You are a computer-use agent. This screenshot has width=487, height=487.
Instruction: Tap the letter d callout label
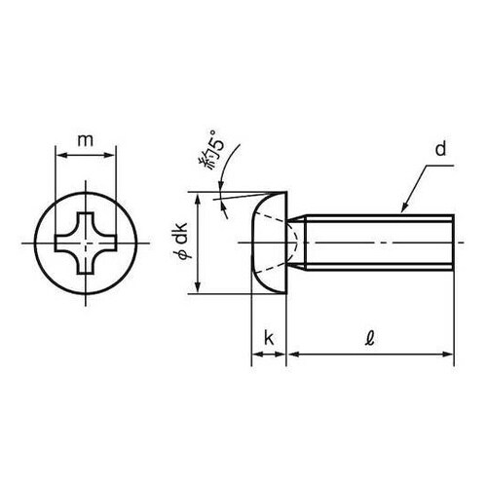(440, 150)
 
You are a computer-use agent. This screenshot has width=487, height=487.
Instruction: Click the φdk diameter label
(182, 242)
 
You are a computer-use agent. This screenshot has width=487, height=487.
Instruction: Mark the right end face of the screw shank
(453, 241)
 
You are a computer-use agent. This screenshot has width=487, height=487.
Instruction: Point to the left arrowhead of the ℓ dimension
(293, 356)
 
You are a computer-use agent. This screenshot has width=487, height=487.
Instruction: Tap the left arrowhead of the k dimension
(255, 356)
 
